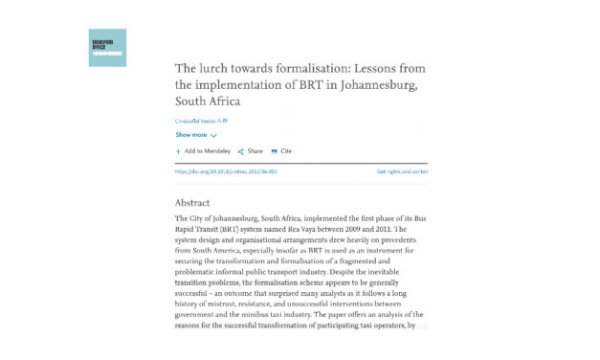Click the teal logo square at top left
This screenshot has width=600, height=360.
coord(107,48)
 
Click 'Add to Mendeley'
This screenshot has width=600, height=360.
coord(205,151)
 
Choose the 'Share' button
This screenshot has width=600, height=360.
coord(254,151)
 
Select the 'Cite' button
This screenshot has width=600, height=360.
coord(284,151)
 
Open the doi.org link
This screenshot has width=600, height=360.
coord(225,171)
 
